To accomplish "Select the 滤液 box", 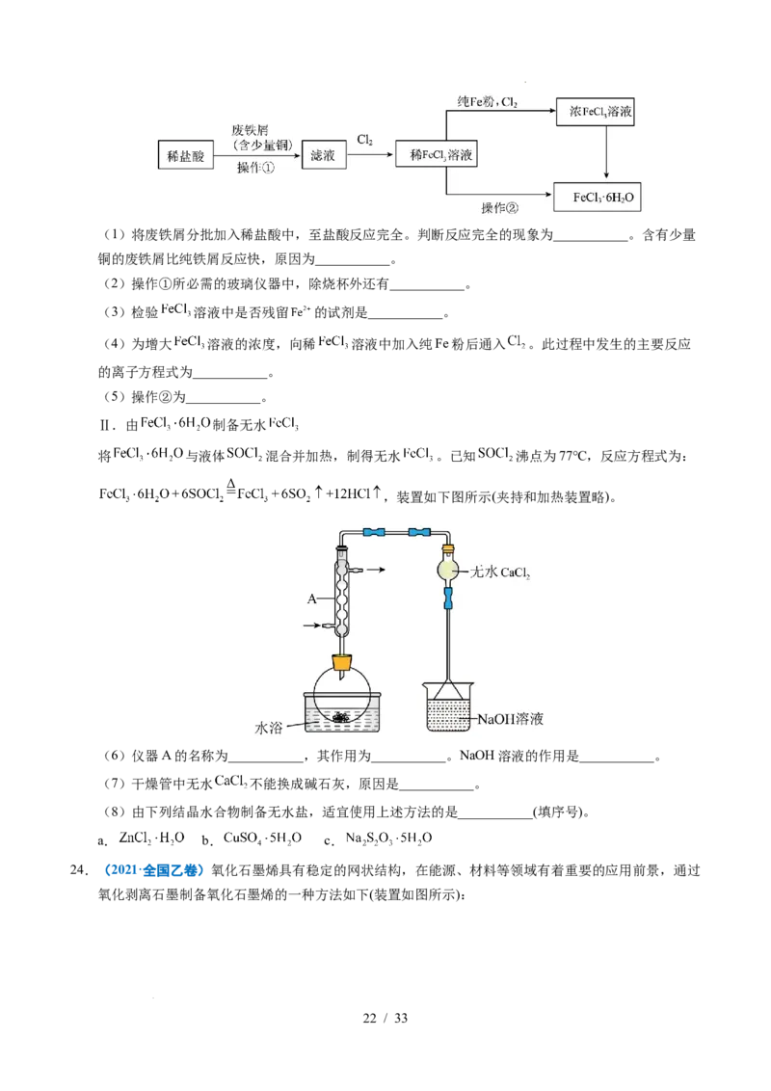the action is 323,154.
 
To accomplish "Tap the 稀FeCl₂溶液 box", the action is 439,154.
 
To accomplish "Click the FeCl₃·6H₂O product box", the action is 599,197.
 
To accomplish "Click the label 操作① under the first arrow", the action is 256,168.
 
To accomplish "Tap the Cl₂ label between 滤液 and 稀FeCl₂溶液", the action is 365,140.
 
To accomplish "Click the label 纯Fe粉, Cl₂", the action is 488,101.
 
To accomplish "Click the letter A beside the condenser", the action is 312,599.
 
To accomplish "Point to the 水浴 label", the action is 268,730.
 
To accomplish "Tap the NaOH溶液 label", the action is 512,719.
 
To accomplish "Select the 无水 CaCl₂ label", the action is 500,572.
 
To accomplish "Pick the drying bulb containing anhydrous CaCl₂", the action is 448,569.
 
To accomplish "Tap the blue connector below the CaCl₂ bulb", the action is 448,598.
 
